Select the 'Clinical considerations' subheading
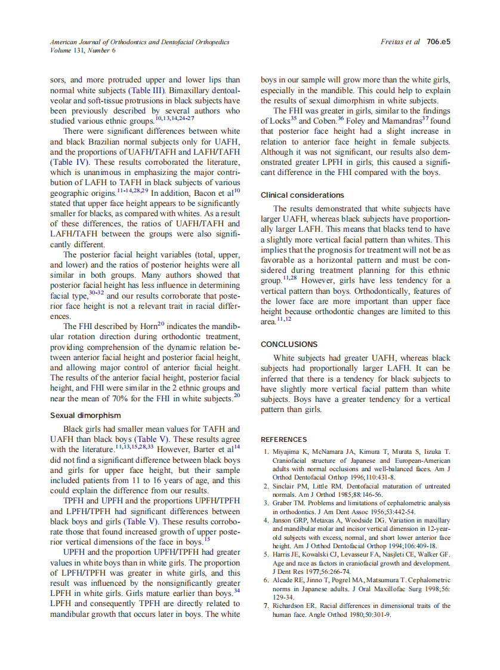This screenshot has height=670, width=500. click(303, 195)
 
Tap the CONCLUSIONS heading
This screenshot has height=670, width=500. click(289, 345)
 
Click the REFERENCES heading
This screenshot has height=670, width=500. click(284, 440)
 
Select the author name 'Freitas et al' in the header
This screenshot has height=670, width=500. click(400, 42)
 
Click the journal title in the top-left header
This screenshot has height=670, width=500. click(140, 42)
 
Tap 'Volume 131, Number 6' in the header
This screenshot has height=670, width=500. click(83, 51)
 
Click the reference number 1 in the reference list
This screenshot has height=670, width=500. click(266, 451)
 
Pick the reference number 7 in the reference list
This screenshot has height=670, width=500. click(266, 606)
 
